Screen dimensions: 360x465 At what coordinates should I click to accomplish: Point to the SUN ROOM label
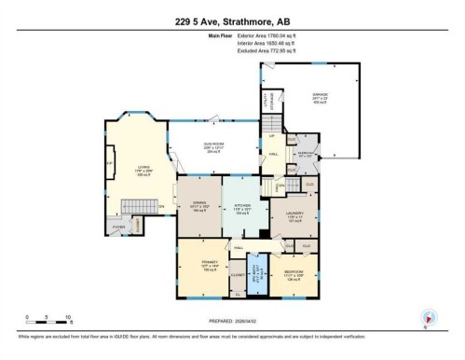pos(214,147)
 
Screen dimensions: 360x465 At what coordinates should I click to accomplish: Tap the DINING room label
pos(198,205)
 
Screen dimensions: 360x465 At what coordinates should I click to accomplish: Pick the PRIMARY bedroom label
pos(208,265)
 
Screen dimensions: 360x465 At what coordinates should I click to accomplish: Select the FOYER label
pos(119,227)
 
